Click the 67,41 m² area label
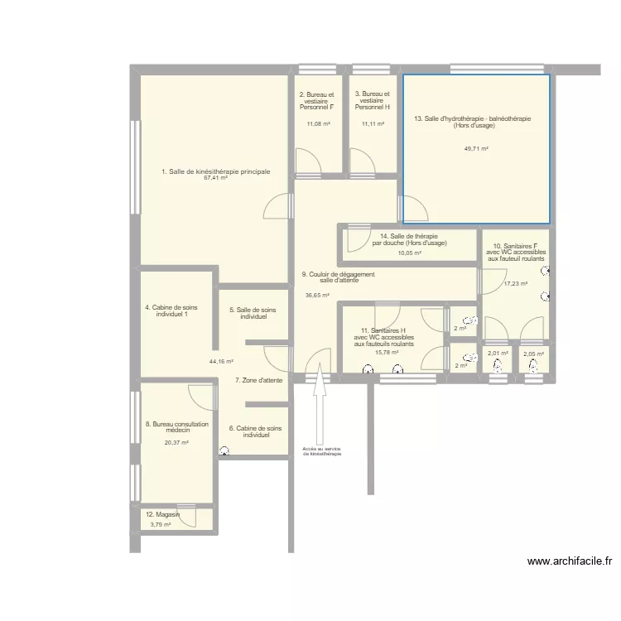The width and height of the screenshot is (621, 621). point(215,178)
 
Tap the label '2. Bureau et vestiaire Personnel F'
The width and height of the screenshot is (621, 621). point(316,100)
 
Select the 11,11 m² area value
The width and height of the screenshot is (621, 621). point(373,124)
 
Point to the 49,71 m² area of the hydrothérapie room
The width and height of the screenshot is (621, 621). point(476,149)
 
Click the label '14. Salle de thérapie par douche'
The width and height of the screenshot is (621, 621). point(409,239)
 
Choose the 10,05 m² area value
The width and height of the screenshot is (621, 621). point(410,253)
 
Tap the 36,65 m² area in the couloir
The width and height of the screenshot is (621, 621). point(317,295)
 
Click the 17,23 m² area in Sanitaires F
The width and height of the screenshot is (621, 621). point(516,283)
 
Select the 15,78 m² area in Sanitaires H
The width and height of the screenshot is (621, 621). point(387,352)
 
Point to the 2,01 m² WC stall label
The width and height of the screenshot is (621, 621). point(498,354)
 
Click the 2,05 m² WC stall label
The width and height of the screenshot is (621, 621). point(533,354)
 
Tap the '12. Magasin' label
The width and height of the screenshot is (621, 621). point(162,514)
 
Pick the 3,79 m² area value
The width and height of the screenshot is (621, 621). point(161,525)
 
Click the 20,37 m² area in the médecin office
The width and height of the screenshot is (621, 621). point(176,443)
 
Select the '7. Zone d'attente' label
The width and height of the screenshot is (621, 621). point(259,380)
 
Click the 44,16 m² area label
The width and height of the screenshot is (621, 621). point(221,362)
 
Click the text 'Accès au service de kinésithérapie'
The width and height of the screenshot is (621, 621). point(321,451)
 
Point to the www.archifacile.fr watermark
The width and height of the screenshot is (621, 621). point(570,561)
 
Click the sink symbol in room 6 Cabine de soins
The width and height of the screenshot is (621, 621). point(224,450)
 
